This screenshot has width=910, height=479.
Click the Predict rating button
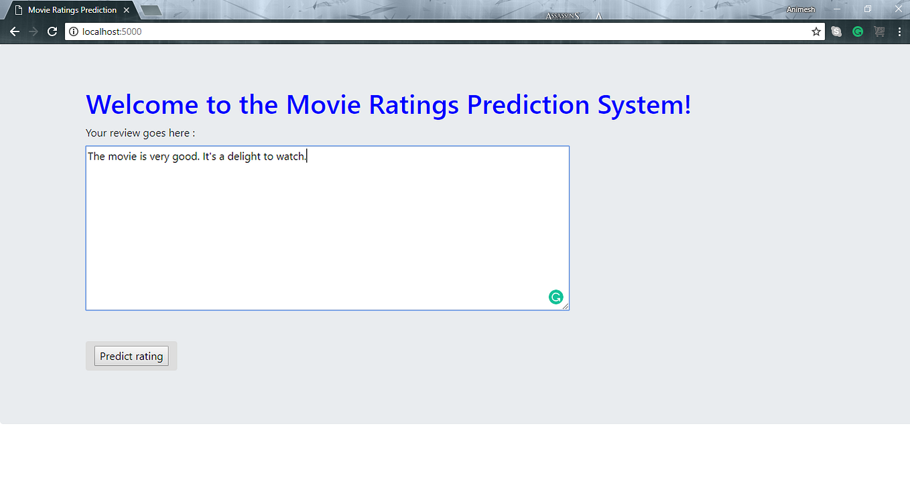131,356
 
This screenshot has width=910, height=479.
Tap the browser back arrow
15,31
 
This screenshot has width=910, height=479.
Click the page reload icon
52,31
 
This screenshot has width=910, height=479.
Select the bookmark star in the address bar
816,31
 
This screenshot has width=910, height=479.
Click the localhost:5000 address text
112,31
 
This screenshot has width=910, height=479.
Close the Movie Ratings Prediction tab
126,10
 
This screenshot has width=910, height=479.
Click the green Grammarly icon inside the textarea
556,297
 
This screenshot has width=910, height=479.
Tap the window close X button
899,9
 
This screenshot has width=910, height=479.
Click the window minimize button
837,9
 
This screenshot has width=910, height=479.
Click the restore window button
868,9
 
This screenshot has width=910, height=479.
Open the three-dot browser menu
899,31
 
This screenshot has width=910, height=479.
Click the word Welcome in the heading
142,105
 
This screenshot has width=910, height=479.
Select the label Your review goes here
140,133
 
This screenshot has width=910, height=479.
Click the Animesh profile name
801,10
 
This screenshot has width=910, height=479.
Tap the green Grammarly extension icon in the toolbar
858,31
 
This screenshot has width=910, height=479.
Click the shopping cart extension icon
879,31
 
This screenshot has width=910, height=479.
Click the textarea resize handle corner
566,307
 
